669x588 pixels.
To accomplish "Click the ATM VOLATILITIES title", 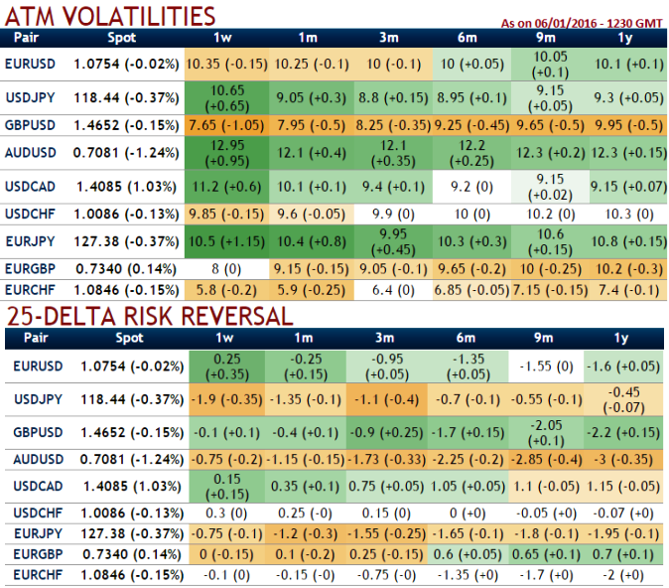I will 110,15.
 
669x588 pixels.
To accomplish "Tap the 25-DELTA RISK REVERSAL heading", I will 149,316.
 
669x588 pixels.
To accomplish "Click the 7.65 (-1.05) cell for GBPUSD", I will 227,125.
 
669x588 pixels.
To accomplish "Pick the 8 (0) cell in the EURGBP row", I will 227,267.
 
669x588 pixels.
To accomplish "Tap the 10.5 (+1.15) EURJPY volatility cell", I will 227,239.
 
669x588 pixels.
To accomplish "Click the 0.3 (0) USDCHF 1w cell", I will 227,512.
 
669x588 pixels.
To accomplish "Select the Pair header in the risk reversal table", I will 37,339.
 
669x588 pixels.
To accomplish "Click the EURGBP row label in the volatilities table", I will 37,267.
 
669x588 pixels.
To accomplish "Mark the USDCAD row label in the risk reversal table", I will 37,486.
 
